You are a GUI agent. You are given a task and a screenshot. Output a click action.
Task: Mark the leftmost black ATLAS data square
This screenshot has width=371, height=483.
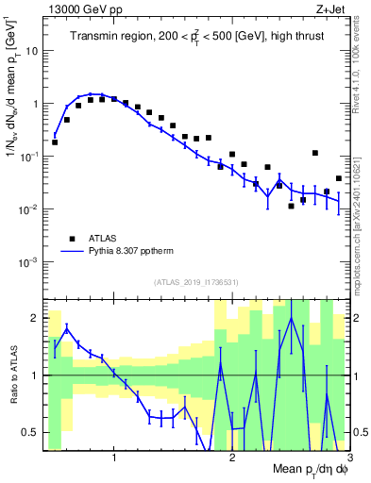[55, 142]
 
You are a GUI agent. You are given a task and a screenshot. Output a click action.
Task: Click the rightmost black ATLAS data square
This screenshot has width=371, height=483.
[338, 178]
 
